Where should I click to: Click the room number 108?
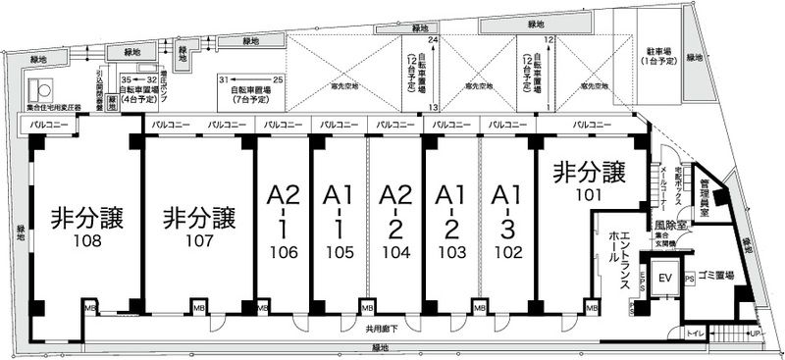pyautogui.click(x=87, y=238)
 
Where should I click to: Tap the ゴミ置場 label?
pyautogui.click(x=719, y=277)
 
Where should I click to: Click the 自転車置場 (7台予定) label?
pyautogui.click(x=252, y=94)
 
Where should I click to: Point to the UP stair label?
pyautogui.click(x=754, y=334)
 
